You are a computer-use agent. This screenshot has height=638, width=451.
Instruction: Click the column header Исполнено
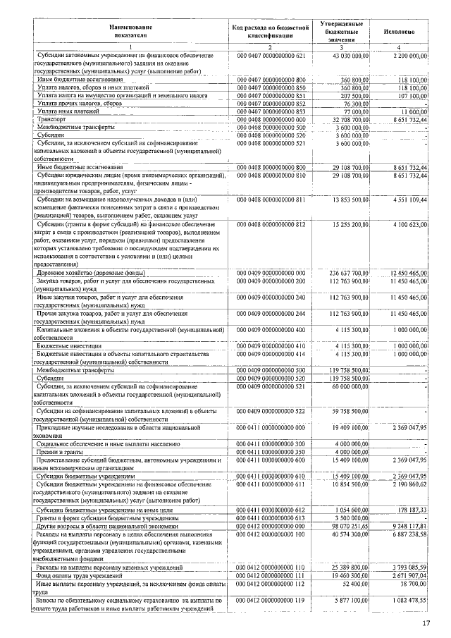(399, 32)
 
